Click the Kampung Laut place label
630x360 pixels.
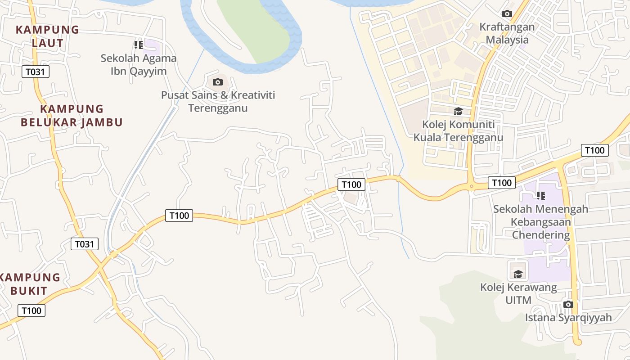click(x=47, y=36)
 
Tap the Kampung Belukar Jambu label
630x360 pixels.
click(x=72, y=116)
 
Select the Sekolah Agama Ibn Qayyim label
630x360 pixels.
click(x=139, y=64)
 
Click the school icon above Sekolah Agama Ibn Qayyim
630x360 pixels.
click(x=139, y=45)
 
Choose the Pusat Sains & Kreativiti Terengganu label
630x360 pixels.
click(x=218, y=102)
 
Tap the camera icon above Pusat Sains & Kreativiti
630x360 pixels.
click(x=218, y=82)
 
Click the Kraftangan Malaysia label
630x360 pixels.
click(x=507, y=33)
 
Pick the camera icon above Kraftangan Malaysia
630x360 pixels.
click(x=507, y=13)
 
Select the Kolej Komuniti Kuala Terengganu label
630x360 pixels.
click(x=458, y=131)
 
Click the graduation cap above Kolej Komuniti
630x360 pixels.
click(x=458, y=111)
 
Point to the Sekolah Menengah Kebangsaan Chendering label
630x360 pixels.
click(x=540, y=222)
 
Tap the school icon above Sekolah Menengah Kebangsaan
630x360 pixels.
click(x=540, y=196)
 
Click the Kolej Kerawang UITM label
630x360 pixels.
click(x=518, y=293)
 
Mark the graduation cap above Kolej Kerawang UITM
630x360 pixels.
click(x=518, y=274)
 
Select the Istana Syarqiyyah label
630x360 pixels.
click(x=568, y=318)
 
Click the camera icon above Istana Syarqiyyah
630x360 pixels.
click(x=568, y=304)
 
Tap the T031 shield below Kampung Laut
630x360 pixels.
click(x=36, y=72)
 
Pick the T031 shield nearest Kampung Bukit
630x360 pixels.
click(x=85, y=244)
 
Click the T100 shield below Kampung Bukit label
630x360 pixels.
click(x=31, y=310)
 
